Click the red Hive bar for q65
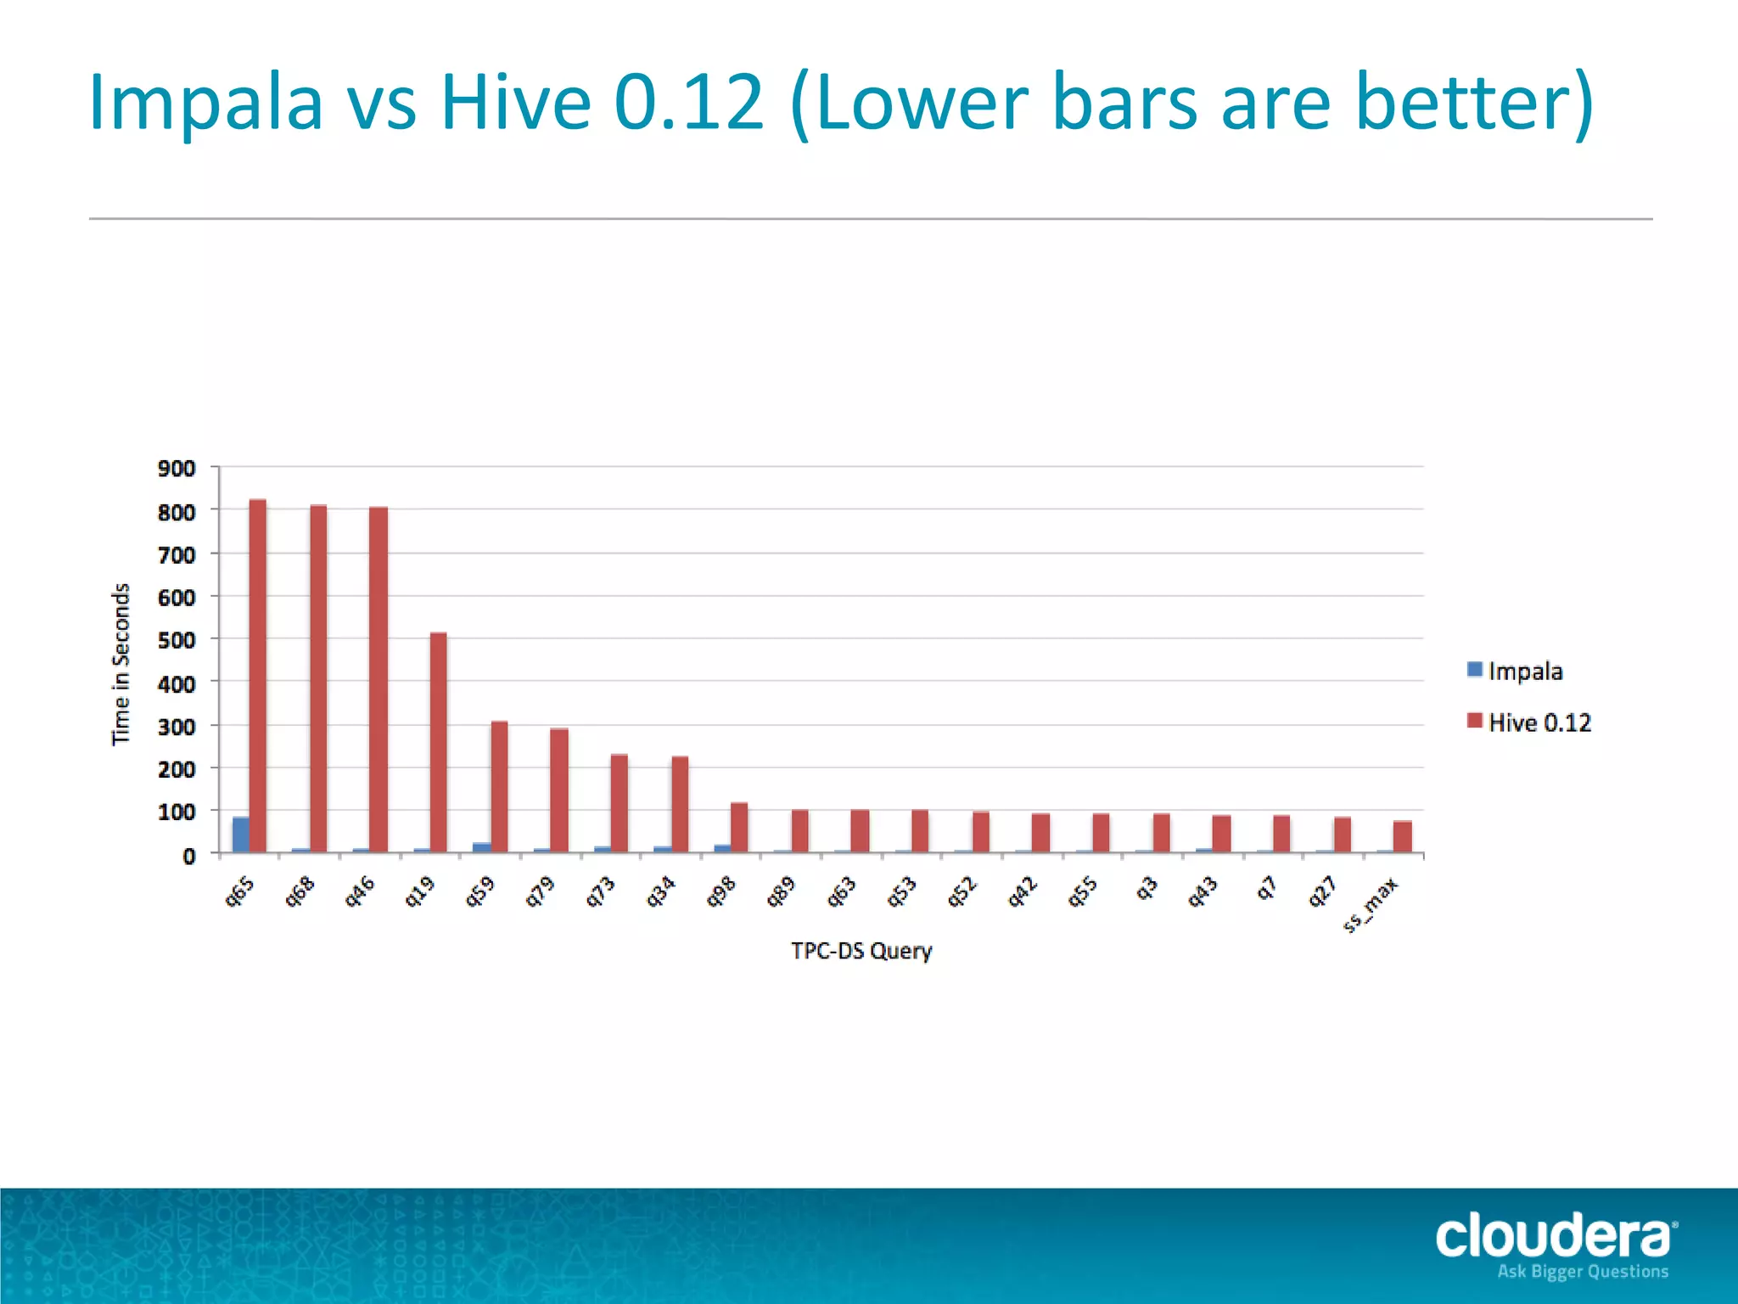[x=258, y=676]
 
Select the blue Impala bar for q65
[x=241, y=835]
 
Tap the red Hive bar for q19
[x=438, y=742]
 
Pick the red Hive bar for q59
[x=499, y=786]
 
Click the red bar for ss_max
[x=1402, y=836]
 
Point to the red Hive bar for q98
[x=739, y=827]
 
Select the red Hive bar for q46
[x=378, y=679]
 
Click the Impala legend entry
[x=1524, y=672]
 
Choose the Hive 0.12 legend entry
[x=1539, y=722]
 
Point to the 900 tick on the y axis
[x=177, y=469]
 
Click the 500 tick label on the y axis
[x=177, y=641]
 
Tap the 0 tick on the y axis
[x=188, y=857]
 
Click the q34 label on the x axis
[x=661, y=892]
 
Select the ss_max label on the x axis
[x=1370, y=908]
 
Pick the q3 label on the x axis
[x=1147, y=889]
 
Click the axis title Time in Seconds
[x=121, y=664]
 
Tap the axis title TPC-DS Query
[x=861, y=951]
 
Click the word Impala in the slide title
[x=206, y=104]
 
